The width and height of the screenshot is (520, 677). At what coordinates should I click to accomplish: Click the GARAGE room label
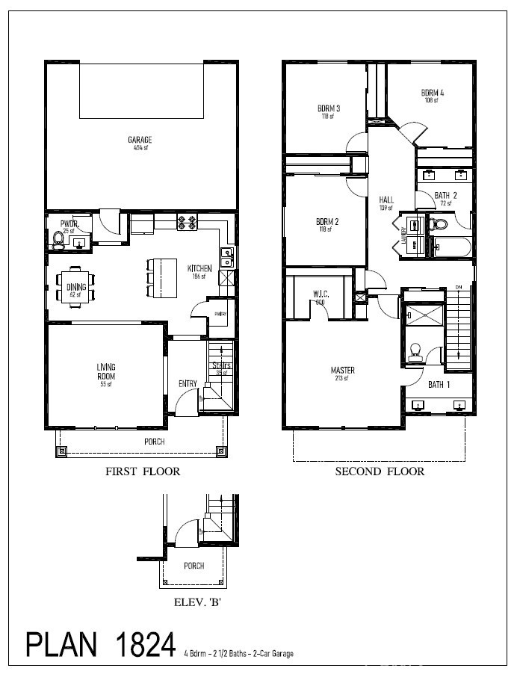coord(140,140)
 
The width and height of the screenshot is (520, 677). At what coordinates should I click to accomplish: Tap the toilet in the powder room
coord(59,238)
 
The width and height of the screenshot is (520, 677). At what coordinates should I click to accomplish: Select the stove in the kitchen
coord(187,222)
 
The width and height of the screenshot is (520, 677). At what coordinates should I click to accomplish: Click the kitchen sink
coord(227,256)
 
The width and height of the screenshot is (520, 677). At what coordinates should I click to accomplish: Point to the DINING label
coord(76,287)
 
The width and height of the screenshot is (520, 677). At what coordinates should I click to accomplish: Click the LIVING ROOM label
coord(105,371)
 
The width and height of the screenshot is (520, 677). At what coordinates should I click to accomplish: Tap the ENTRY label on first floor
coord(188,384)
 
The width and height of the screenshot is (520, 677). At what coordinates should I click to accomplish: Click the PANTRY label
coord(220,314)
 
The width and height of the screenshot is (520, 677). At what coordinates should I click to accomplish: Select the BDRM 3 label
coord(329,108)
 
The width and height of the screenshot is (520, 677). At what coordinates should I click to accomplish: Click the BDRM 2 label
coord(327,222)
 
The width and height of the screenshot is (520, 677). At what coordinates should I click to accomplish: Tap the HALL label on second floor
coord(386,200)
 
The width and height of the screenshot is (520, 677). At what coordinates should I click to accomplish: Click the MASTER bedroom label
coord(343,371)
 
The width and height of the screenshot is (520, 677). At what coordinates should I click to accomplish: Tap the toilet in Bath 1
coord(416,350)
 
